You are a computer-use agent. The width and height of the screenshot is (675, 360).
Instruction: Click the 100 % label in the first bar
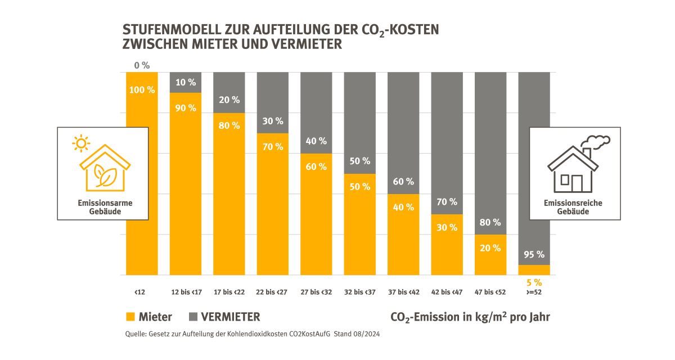142,90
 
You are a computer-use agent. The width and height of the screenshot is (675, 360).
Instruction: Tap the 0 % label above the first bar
142,65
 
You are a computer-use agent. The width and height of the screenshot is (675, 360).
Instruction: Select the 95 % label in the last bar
534,254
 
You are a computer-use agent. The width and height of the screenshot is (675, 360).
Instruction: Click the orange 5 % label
534,282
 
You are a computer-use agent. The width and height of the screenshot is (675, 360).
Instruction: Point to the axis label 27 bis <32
316,292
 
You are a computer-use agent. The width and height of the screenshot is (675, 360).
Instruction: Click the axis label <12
139,292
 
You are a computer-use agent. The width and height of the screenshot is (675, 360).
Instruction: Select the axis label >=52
533,292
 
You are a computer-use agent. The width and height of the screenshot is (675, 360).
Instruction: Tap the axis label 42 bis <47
447,292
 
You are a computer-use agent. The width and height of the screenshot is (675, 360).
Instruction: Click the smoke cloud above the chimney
597,141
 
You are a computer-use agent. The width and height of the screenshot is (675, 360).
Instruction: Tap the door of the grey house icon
577,182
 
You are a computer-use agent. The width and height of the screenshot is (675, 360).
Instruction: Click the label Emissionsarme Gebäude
102,207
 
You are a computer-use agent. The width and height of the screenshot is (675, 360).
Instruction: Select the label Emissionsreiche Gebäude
573,207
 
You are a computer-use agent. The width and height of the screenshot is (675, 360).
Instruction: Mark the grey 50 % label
359,161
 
